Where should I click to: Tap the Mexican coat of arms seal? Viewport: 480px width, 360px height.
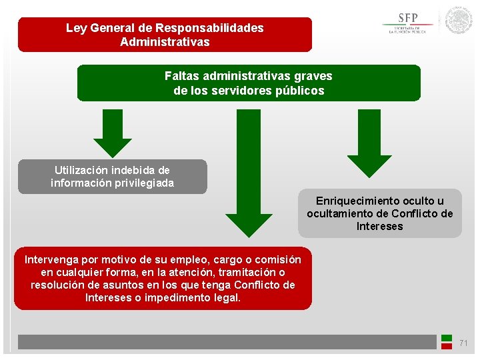coord(459,21)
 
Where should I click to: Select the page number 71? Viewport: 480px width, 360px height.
coord(464,343)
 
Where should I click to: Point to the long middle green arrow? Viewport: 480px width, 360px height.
coord(249,173)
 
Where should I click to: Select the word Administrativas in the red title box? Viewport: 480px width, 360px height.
coord(165,42)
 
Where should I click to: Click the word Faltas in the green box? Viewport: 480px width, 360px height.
coord(181,76)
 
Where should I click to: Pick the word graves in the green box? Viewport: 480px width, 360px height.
coord(314,76)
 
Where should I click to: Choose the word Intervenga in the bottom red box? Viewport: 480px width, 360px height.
coord(51,259)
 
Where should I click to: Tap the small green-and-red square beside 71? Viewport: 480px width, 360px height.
coord(447,342)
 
